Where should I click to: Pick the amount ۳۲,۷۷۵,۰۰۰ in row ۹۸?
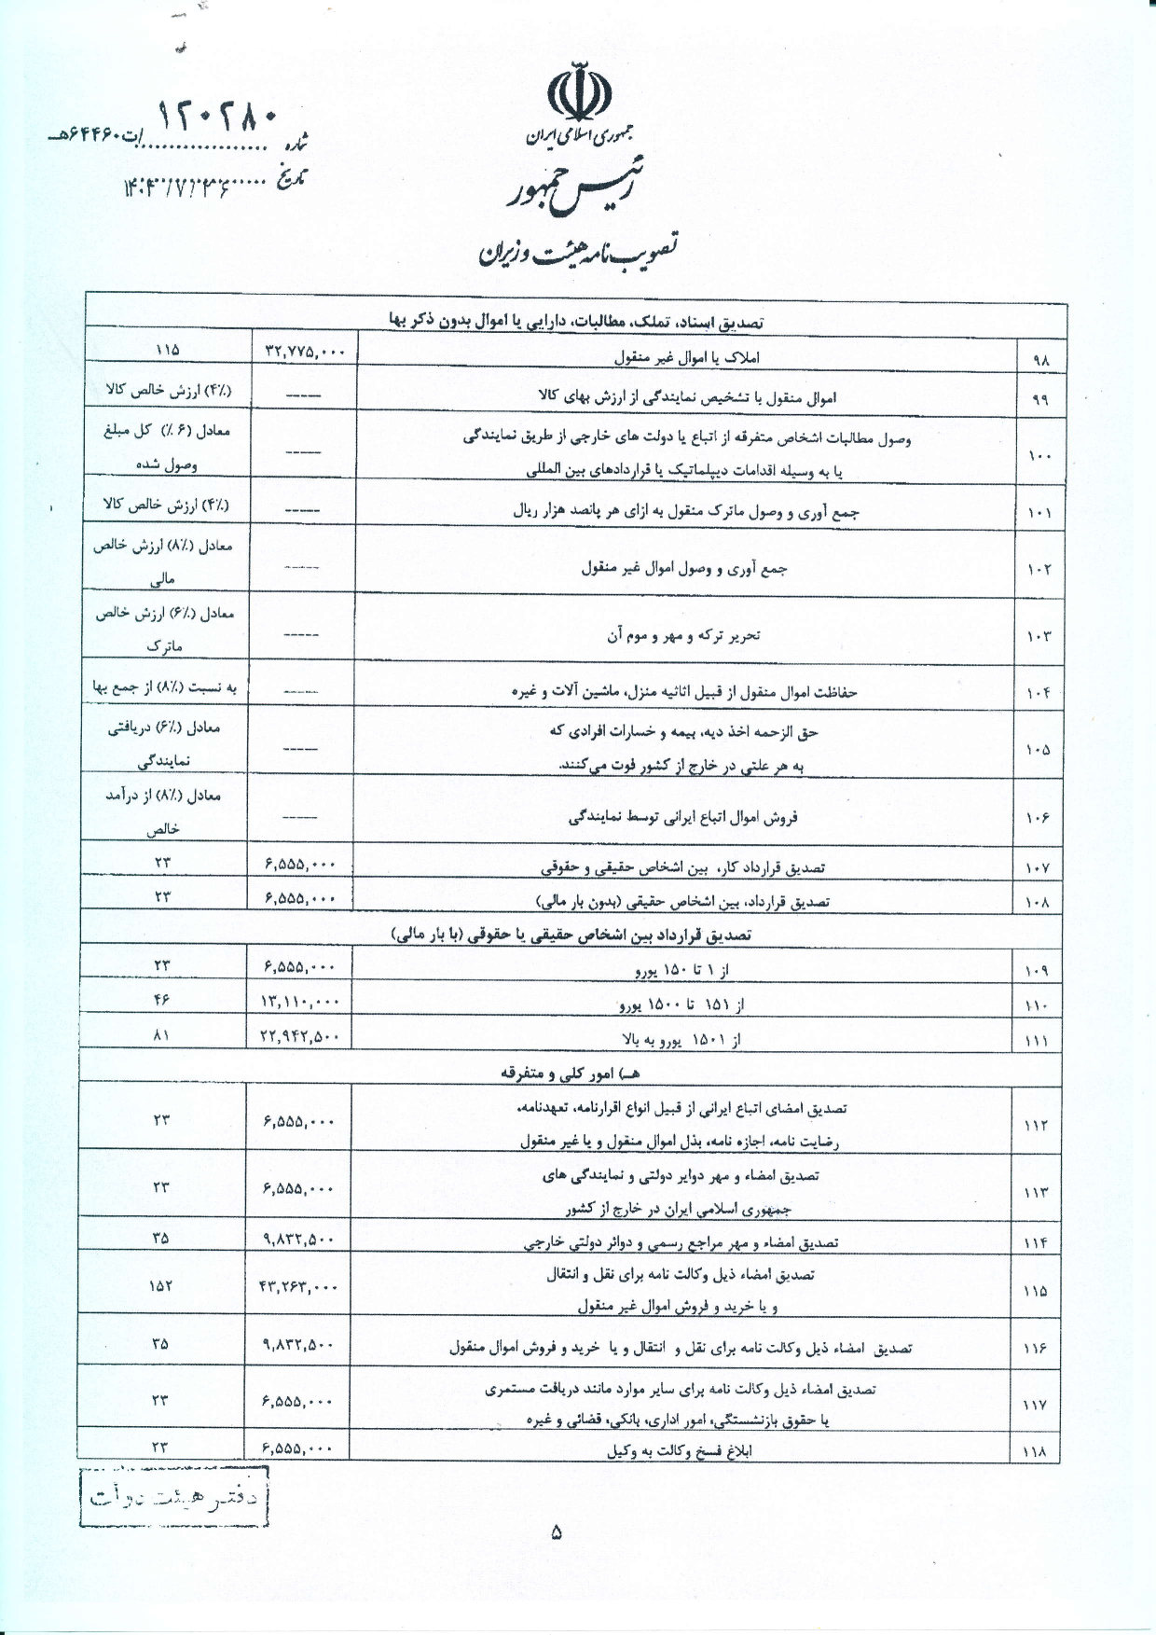(304, 353)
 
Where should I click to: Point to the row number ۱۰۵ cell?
(1039, 749)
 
